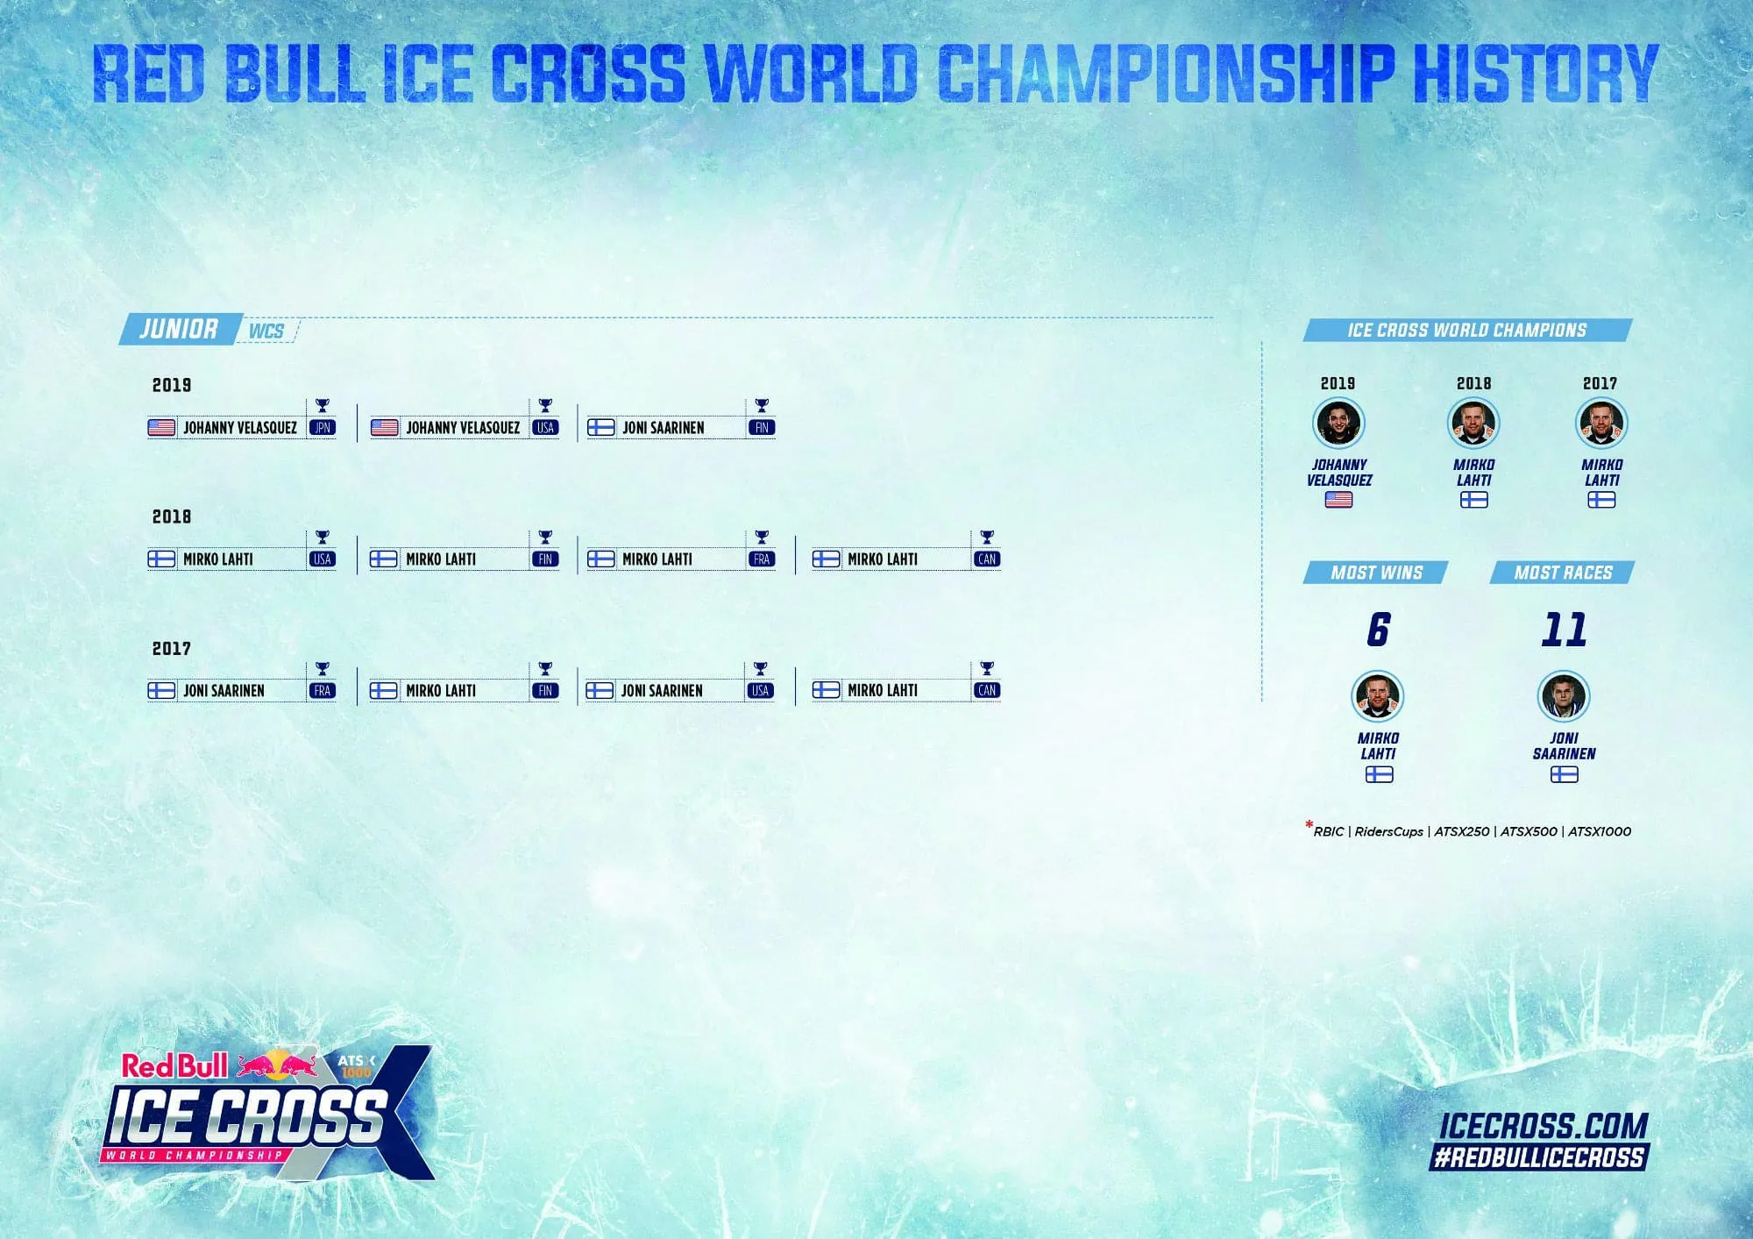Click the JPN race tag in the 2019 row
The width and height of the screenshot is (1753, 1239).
(323, 428)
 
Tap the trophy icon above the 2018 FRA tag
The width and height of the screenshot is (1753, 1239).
(762, 537)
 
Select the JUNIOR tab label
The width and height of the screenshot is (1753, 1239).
(180, 329)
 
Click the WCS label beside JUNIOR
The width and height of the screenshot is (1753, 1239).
(266, 331)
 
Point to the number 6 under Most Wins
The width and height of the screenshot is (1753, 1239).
(1378, 630)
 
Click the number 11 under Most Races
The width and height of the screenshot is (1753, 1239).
(1565, 630)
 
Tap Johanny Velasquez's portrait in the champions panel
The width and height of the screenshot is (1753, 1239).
(1338, 423)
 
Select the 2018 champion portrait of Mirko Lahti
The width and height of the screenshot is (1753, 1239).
(1473, 423)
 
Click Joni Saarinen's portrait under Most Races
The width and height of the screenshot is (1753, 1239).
(1564, 696)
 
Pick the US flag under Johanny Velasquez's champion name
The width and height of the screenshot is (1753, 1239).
(1338, 500)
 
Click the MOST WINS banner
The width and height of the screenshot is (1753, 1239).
(1376, 573)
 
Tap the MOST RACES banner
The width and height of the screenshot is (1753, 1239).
(1563, 573)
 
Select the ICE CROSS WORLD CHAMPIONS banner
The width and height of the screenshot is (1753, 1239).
(1467, 330)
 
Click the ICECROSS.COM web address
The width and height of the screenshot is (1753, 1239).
(1544, 1126)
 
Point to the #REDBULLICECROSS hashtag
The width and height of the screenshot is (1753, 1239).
(1538, 1157)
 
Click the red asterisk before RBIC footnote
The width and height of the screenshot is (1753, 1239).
(1309, 825)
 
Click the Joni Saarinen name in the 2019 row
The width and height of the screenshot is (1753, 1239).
(664, 428)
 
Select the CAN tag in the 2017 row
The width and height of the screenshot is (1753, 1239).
(987, 691)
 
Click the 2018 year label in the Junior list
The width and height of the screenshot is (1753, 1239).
(172, 516)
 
